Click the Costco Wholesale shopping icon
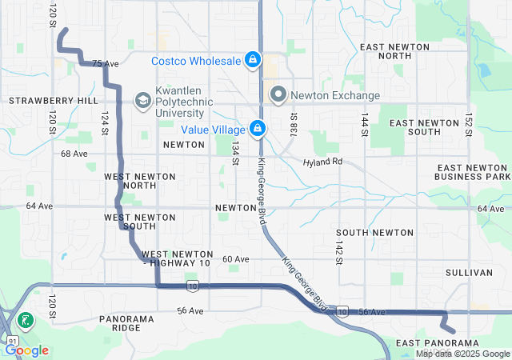(252, 60)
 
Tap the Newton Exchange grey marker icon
(278, 94)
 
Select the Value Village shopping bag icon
(258, 128)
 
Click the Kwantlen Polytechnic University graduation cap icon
(142, 100)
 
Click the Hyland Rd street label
(322, 162)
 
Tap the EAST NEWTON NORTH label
(397, 52)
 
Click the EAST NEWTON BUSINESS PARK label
(472, 171)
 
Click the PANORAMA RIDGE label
(126, 324)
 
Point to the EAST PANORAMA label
(437, 342)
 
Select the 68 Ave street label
(74, 154)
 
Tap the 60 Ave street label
(236, 259)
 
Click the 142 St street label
(339, 250)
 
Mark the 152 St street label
(469, 123)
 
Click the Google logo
(27, 350)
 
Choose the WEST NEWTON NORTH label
(130, 180)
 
